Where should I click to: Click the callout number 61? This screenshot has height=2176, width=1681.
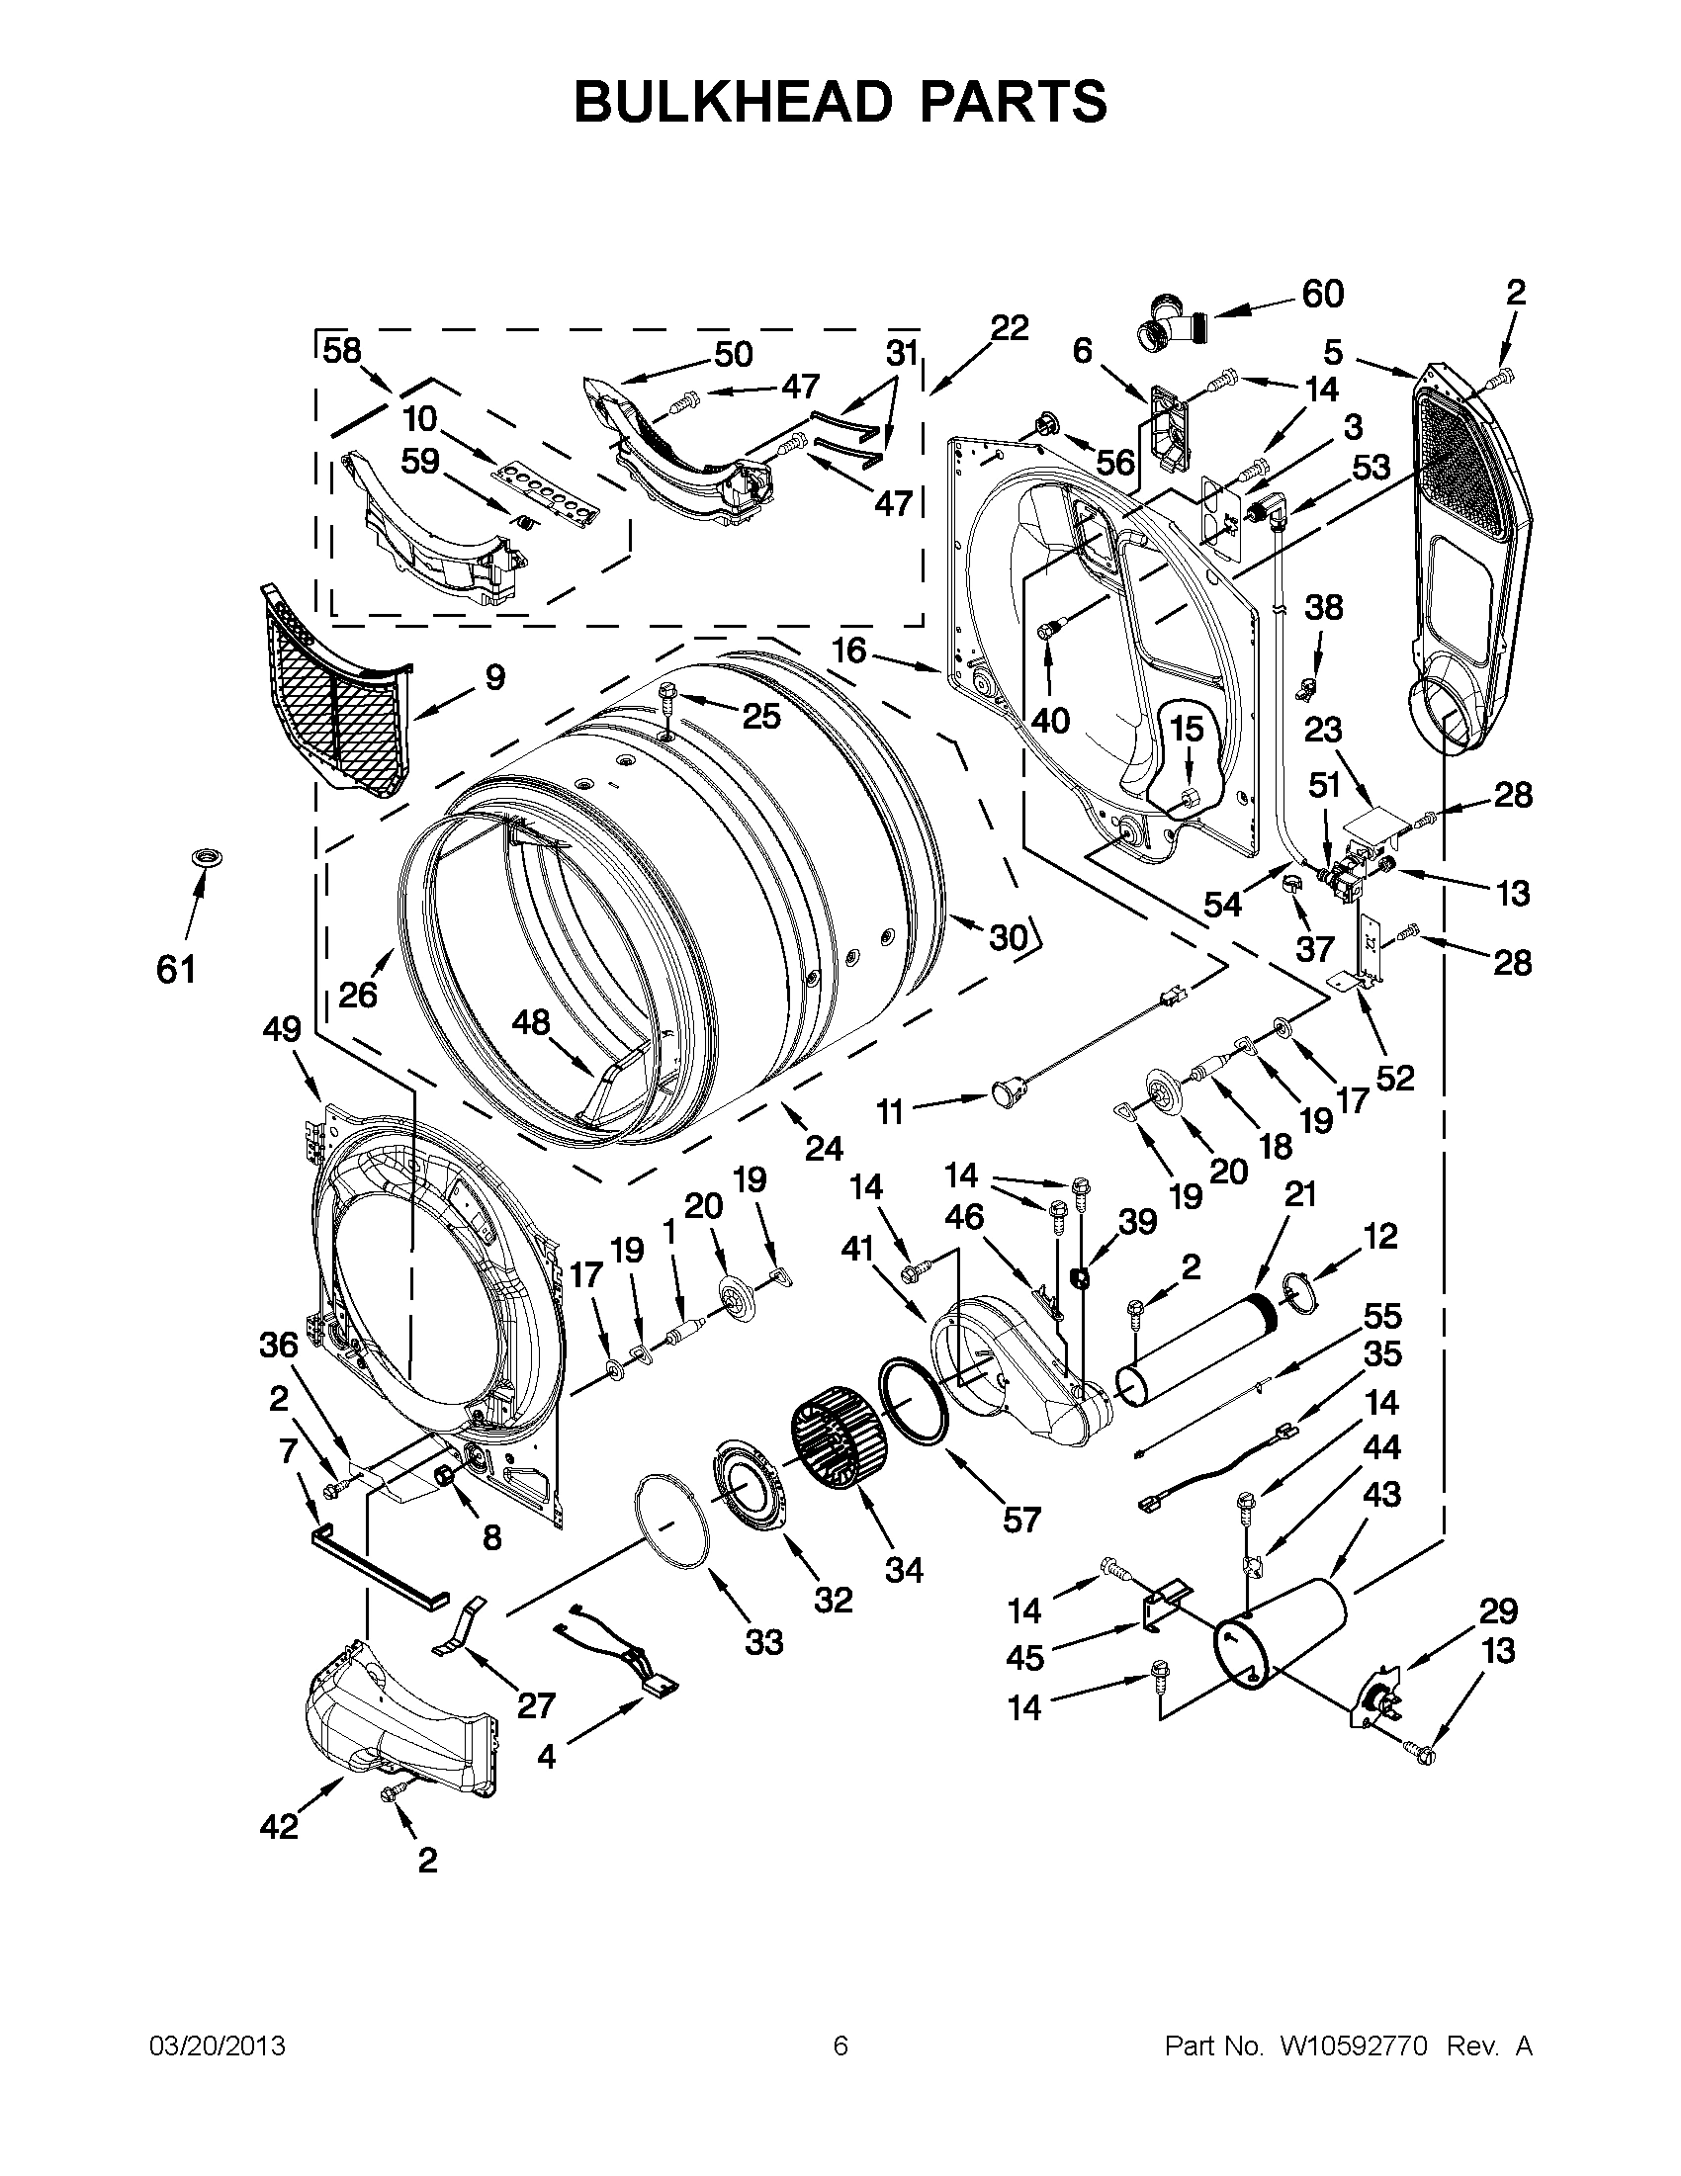176,968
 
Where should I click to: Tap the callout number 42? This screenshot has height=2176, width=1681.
279,1826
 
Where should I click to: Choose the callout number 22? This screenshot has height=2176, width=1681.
1009,327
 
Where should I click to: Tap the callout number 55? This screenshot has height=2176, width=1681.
1382,1316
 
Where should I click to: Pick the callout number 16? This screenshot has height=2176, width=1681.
849,651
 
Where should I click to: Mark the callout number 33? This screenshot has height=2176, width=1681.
764,1641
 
